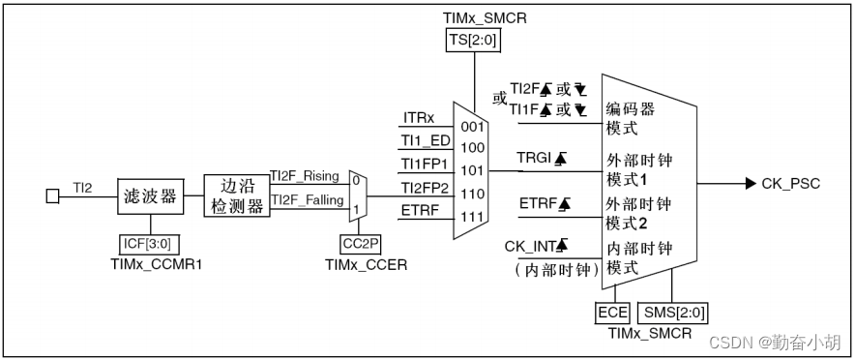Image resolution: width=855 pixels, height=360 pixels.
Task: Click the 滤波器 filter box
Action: [x=150, y=196]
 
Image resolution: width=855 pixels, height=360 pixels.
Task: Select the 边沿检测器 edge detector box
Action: [x=236, y=196]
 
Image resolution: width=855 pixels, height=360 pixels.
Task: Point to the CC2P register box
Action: [x=358, y=244]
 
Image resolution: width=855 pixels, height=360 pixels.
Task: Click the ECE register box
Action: [x=612, y=313]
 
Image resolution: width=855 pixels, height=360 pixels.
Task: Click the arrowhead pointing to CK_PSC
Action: [x=751, y=184]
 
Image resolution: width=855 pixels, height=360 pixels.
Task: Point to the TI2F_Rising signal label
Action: [x=304, y=175]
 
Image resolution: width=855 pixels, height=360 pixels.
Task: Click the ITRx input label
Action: [x=419, y=118]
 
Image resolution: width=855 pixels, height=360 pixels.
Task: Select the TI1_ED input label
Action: [x=426, y=140]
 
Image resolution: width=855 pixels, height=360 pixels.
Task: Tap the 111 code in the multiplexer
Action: [x=471, y=215]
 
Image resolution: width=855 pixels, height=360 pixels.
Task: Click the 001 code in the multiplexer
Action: [x=471, y=126]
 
